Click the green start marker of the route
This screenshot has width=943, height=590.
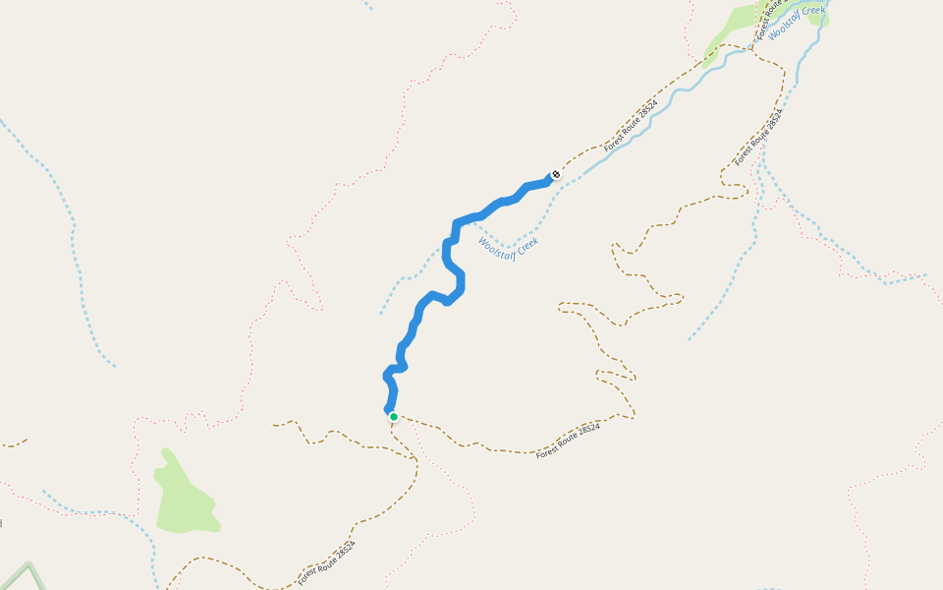point(394,417)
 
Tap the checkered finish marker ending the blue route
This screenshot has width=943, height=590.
point(556,175)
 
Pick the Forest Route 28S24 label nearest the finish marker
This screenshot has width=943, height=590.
point(630,125)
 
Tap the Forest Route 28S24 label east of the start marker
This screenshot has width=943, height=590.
point(568,440)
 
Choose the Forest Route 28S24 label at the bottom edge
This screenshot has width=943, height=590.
point(327,563)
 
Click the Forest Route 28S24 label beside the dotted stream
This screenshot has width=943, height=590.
point(759,137)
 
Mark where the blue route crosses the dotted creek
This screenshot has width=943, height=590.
point(451,243)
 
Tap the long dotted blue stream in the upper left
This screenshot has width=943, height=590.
point(73,246)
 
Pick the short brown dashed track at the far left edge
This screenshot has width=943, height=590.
point(14,443)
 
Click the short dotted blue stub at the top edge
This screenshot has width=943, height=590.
point(368,5)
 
